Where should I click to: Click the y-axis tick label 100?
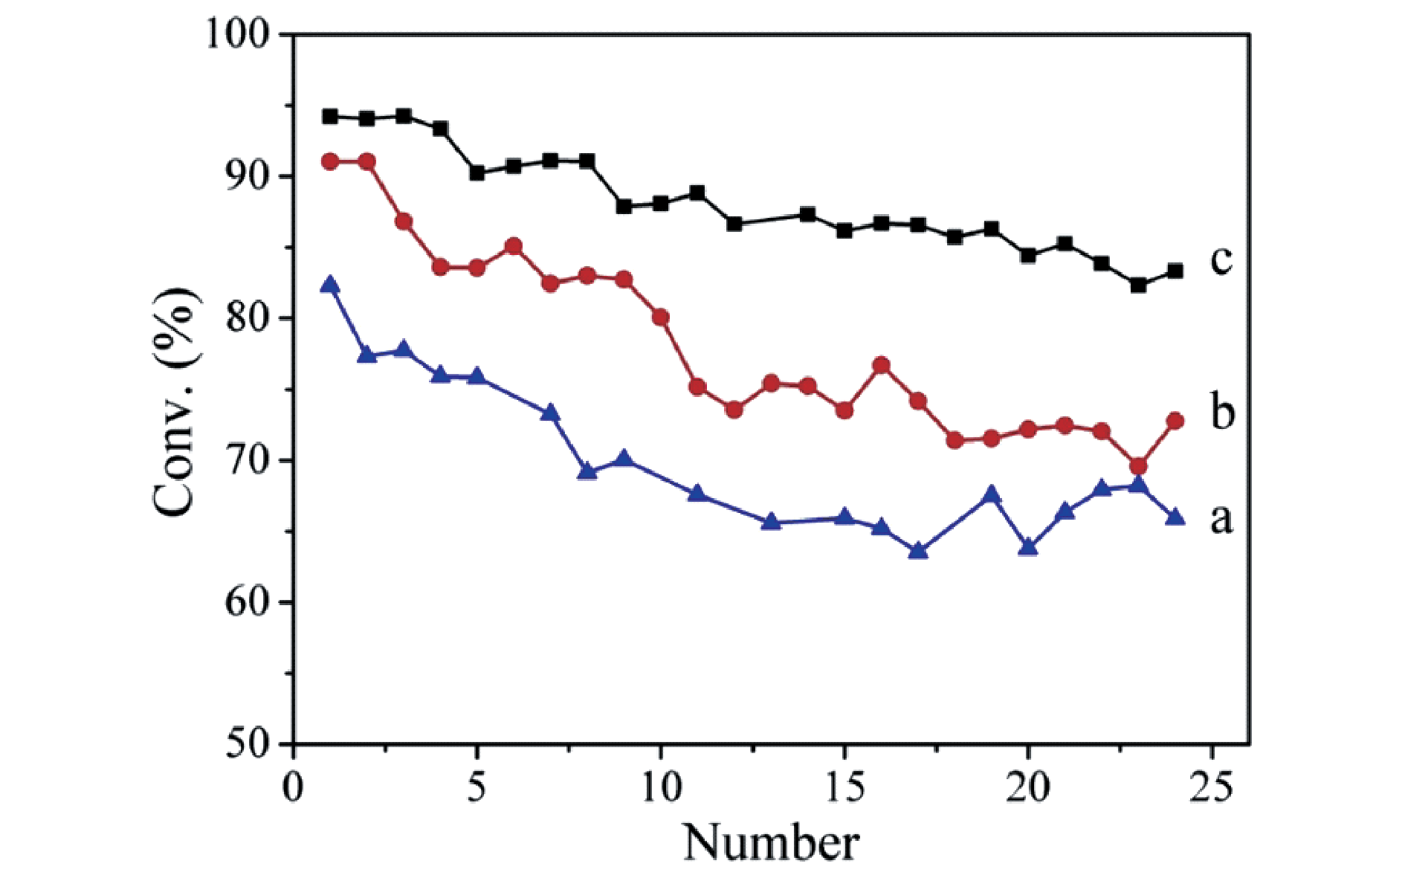coord(241,35)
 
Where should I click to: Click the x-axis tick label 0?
coord(294,787)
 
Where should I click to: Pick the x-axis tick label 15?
coord(844,787)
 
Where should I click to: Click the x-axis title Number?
coord(771,842)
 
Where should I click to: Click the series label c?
coord(1221,259)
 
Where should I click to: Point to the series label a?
coord(1221,519)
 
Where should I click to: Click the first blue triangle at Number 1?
coord(330,285)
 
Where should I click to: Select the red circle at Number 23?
coord(1138,466)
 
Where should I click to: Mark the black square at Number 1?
coord(330,116)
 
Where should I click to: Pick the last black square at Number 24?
coord(1175,271)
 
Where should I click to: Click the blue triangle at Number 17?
coord(918,551)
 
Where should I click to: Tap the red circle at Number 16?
coord(882,365)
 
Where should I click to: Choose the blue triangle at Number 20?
coord(1028,548)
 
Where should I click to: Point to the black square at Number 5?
coord(477,172)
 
